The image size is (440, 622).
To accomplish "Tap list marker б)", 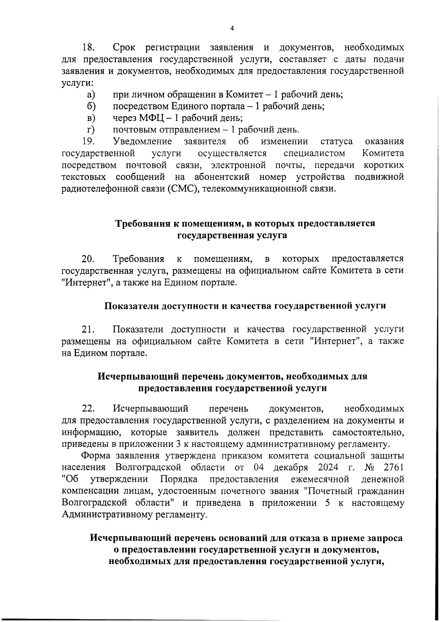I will [x=91, y=106].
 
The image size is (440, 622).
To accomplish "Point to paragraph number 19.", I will [x=88, y=142].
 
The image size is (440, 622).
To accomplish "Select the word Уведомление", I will [x=143, y=142].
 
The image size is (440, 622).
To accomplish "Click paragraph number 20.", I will [x=88, y=259].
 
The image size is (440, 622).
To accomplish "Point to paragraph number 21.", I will [x=88, y=329].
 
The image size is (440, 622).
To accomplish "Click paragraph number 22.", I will [x=88, y=409].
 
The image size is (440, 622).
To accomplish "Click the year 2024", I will [x=329, y=468].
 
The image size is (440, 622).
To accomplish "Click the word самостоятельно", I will [x=368, y=432].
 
